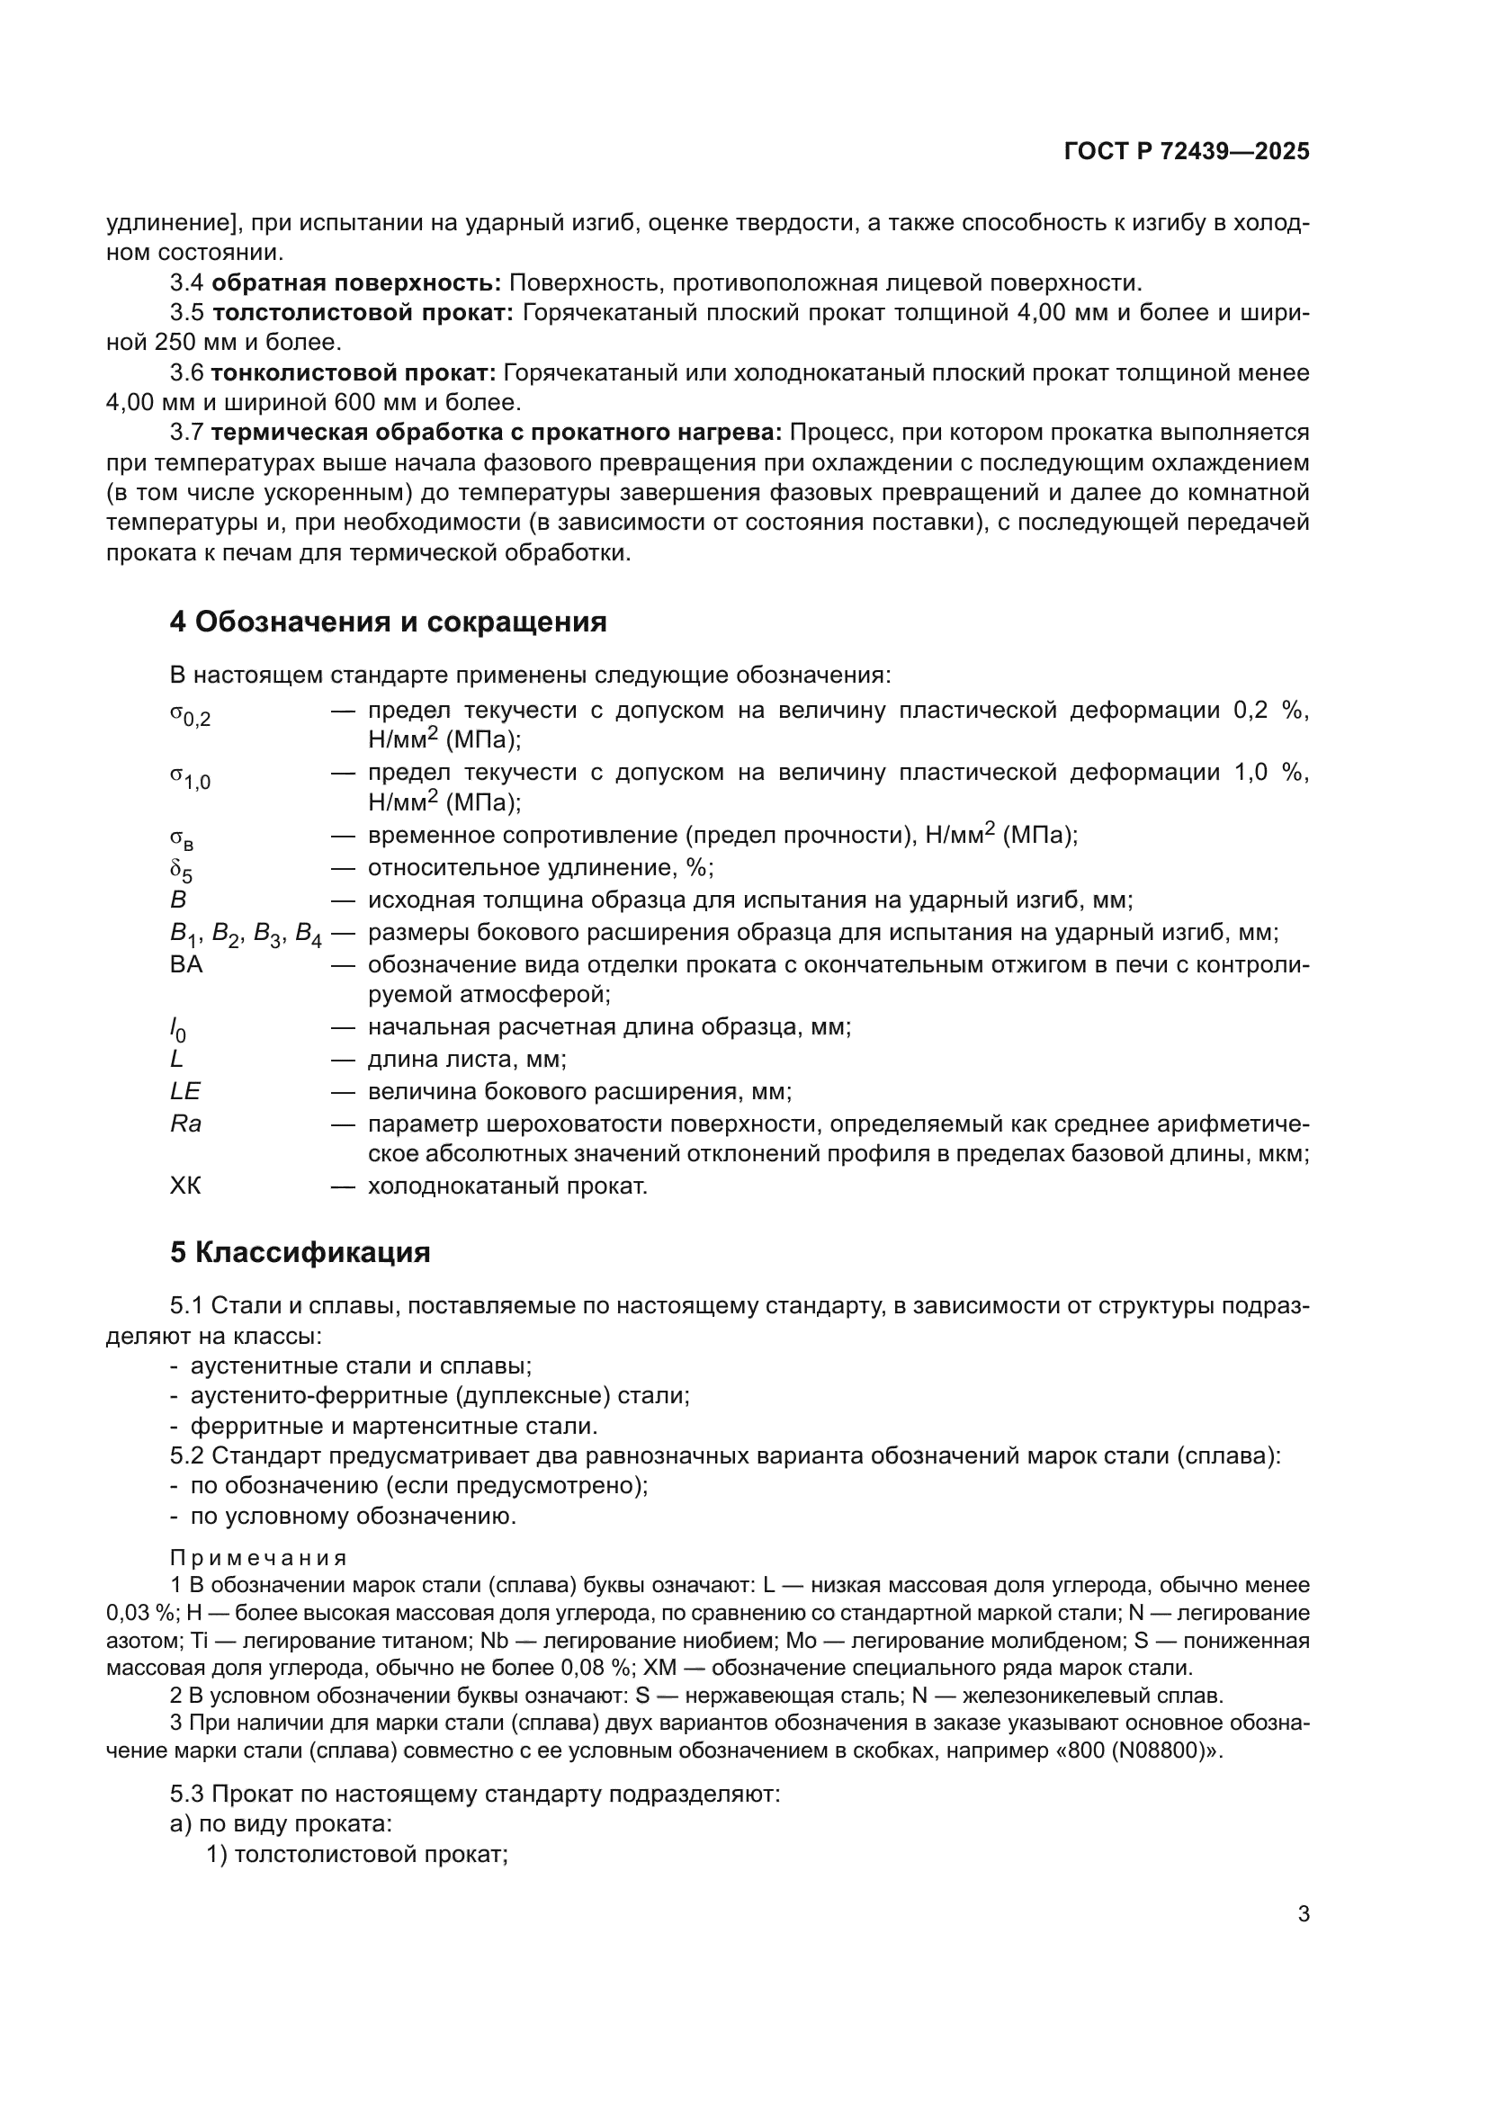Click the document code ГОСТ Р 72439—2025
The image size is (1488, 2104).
(x=1187, y=152)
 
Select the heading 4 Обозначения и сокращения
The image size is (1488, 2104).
(x=388, y=622)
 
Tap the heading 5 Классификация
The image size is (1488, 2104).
(x=300, y=1253)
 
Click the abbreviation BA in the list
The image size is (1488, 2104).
(x=186, y=965)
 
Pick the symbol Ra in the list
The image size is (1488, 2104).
(x=185, y=1124)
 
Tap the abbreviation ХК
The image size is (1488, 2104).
(x=185, y=1186)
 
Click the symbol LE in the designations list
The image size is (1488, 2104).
(x=185, y=1091)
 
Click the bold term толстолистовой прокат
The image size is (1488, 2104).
(x=363, y=313)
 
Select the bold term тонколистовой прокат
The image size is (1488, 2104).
(x=354, y=373)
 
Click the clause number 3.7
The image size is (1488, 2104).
(x=187, y=433)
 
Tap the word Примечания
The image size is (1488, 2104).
(x=258, y=1559)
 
